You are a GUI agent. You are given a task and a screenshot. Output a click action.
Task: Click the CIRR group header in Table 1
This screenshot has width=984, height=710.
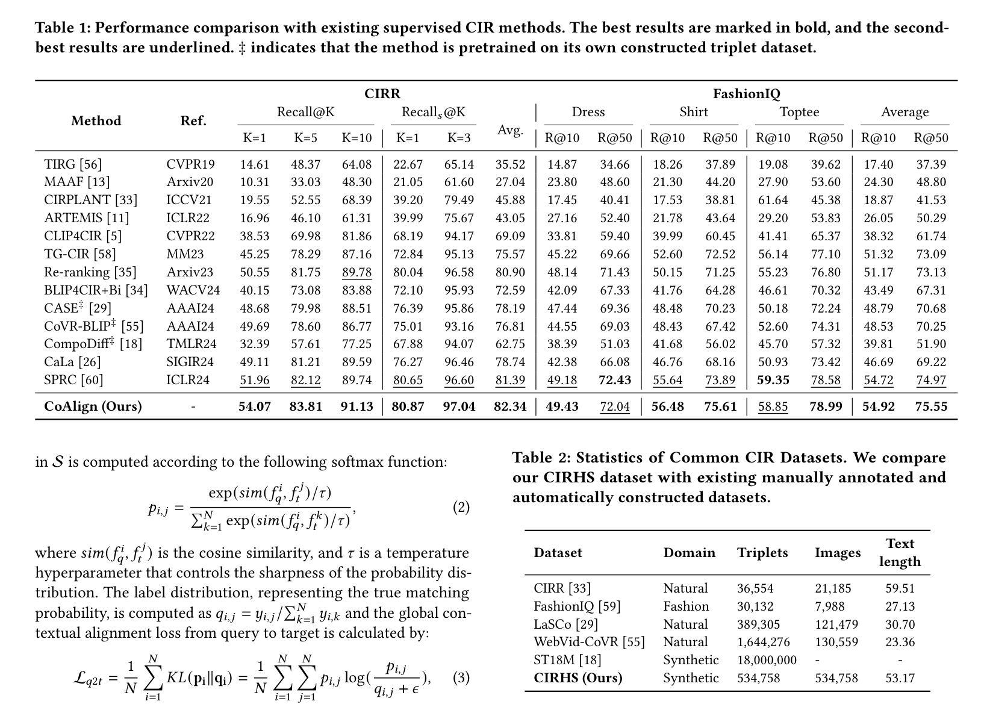pos(382,94)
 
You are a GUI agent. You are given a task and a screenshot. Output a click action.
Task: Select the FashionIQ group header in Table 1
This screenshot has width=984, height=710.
pos(746,94)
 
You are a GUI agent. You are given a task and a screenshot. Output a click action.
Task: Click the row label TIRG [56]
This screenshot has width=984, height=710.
pos(73,164)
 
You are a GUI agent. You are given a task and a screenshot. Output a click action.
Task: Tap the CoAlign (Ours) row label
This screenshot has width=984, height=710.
pos(93,406)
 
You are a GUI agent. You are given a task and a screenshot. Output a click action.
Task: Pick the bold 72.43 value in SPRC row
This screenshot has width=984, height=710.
pos(614,380)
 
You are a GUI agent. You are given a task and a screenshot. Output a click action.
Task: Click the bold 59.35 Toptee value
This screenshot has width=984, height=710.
pos(773,380)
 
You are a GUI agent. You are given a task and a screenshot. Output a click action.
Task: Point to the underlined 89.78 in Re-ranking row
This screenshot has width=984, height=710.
pos(357,272)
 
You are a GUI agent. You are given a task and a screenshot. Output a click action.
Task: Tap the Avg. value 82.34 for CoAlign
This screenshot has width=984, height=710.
pos(509,406)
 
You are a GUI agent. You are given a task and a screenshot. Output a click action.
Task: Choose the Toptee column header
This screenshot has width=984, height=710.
pos(799,112)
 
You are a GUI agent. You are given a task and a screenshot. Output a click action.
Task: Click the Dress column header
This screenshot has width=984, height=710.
pos(588,112)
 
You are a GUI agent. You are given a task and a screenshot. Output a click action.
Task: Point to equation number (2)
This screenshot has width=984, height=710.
pos(461,507)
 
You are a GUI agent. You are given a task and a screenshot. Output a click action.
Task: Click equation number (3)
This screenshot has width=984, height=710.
pos(461,677)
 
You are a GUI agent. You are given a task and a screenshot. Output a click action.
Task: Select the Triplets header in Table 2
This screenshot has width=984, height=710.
pos(762,553)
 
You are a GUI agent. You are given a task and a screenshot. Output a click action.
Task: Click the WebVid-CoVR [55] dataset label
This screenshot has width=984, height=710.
pos(588,642)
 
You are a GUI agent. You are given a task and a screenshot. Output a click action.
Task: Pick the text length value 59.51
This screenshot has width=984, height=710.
pos(900,588)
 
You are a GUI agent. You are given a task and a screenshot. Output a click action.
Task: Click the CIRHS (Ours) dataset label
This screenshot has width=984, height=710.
pos(578,678)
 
